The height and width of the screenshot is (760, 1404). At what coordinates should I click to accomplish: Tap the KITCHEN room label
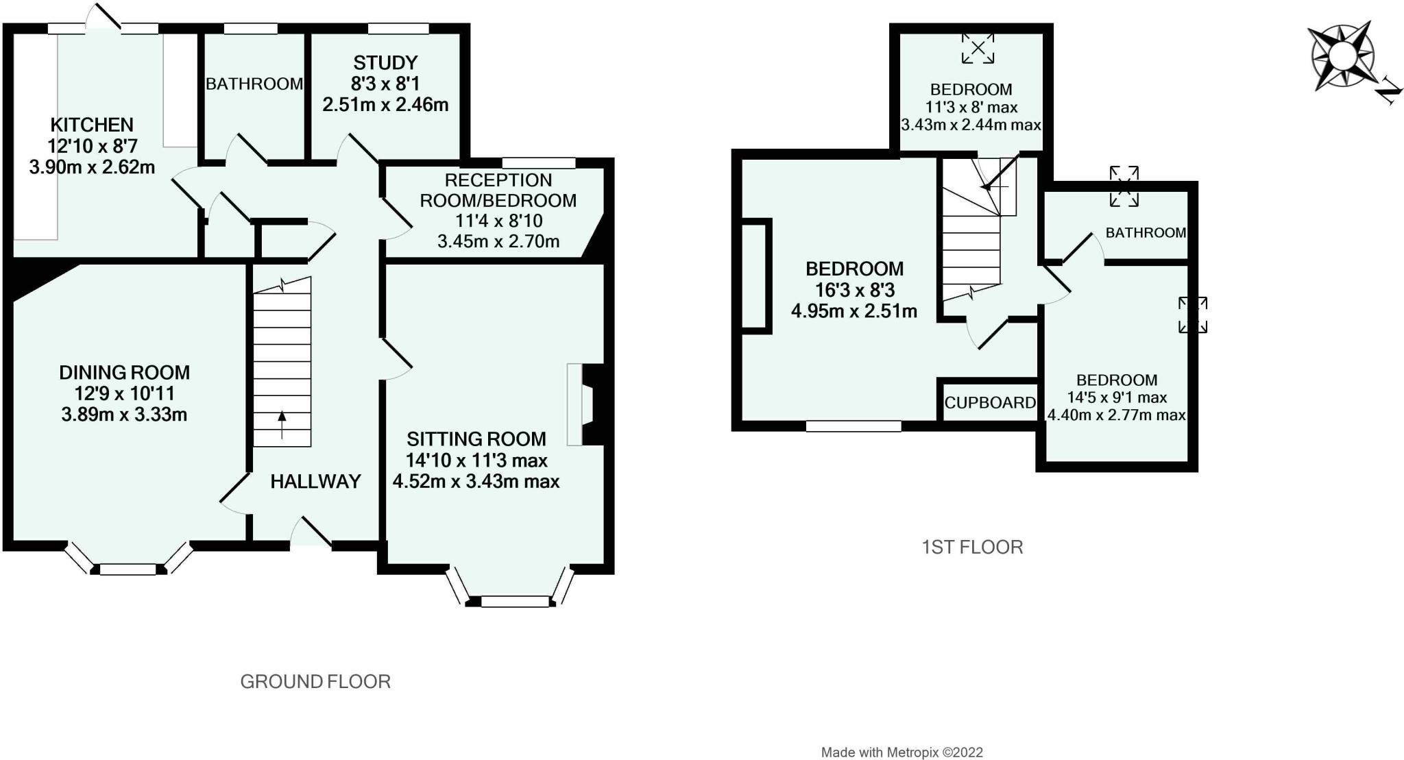[x=92, y=125]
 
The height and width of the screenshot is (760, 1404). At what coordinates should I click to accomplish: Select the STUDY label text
[x=385, y=63]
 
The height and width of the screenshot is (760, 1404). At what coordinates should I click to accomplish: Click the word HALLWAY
[x=315, y=481]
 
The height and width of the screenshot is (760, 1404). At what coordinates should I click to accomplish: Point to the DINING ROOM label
[x=124, y=373]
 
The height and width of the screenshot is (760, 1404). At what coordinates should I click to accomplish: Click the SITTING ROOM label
[x=476, y=439]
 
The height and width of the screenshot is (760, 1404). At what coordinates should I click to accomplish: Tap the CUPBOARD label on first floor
[x=990, y=403]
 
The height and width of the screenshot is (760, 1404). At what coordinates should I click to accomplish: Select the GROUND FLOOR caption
[x=315, y=681]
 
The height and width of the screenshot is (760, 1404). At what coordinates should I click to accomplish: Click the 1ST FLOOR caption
[x=972, y=547]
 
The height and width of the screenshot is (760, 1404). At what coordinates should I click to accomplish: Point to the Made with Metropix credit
[x=902, y=752]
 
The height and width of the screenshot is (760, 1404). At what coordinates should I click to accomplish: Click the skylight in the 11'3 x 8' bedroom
[x=978, y=49]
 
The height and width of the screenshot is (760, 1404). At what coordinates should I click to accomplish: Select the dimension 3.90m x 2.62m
[x=92, y=167]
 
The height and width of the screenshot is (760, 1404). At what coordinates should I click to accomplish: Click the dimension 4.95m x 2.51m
[x=854, y=311]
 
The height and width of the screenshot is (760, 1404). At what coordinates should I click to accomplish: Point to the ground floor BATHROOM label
[x=254, y=84]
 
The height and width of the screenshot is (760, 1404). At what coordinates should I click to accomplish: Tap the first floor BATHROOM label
[x=1146, y=232]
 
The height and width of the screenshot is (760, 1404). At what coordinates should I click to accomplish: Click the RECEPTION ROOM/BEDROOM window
[x=539, y=163]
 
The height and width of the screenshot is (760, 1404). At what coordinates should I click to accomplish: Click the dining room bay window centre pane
[x=128, y=569]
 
